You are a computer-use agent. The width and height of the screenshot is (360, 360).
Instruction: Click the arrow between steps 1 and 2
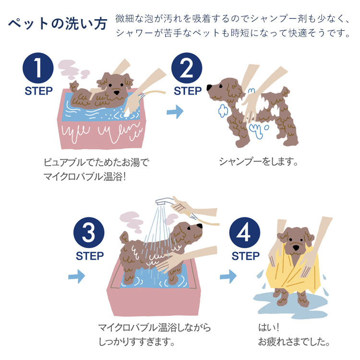(x=175, y=112)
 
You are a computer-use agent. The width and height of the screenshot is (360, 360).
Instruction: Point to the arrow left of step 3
(x=76, y=276)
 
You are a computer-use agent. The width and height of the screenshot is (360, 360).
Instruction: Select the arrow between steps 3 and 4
(x=228, y=276)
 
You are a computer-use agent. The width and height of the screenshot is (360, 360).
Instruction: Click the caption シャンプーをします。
(x=259, y=161)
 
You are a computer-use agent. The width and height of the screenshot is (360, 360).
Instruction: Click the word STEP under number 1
(x=38, y=92)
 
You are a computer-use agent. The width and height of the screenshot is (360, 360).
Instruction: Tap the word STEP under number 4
(x=246, y=256)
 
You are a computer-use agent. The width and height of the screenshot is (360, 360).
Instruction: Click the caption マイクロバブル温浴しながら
(x=154, y=328)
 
